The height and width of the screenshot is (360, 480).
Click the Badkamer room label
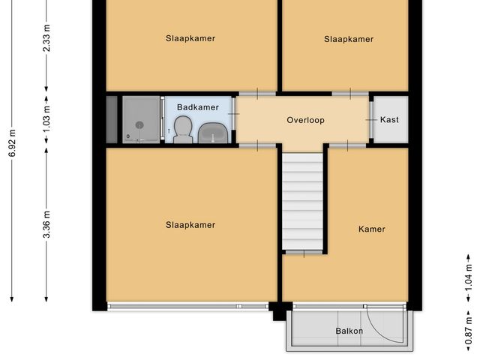[x=197, y=107]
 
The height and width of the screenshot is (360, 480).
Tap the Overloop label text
[x=305, y=120]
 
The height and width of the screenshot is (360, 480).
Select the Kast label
[x=389, y=120]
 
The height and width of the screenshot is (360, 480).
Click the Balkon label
[x=349, y=331]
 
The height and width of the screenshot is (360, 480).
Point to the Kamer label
[x=371, y=229]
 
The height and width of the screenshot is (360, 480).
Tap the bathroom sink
[x=214, y=133]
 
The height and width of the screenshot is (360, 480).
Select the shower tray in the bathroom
[x=140, y=120]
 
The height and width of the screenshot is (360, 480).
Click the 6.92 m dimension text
[x=13, y=142]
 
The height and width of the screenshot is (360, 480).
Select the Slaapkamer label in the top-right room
[x=349, y=39]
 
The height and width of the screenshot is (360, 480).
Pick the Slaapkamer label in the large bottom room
[x=190, y=224]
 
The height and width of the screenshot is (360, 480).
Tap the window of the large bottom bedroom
[x=187, y=305]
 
